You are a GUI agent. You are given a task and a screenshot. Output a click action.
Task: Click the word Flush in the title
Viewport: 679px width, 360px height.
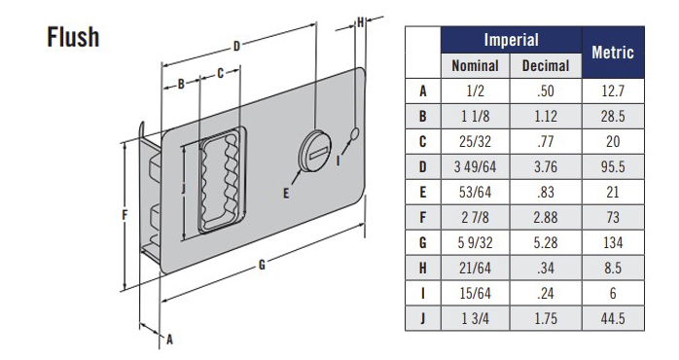72,36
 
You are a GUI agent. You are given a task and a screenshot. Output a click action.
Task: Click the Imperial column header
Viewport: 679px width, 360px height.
511,40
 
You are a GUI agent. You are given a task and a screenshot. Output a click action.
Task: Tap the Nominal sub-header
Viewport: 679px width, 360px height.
476,66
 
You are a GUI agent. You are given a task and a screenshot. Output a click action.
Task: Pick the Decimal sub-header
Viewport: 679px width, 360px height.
546,66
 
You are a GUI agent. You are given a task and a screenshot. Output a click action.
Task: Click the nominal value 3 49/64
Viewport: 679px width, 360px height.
476,167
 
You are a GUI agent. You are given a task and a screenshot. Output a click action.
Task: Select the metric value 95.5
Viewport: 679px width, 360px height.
613,167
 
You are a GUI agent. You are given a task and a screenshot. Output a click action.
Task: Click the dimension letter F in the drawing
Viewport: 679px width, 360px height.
125,216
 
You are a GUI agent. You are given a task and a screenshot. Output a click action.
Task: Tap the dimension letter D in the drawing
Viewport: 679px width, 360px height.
237,45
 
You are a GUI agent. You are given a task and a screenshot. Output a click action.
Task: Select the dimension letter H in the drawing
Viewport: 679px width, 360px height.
361,21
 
